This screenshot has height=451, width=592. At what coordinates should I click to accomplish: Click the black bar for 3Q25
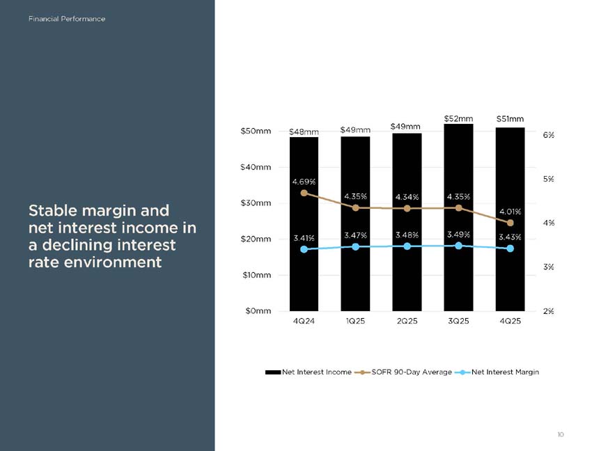[x=458, y=217]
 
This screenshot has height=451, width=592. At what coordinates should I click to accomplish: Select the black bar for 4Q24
[x=304, y=224]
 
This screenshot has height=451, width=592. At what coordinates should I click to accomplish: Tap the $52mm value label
[x=458, y=118]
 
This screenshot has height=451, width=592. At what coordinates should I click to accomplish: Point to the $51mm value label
[x=510, y=119]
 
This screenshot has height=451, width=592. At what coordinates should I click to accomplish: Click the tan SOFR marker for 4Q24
[x=304, y=193]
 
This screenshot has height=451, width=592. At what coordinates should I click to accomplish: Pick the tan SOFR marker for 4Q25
[x=510, y=223]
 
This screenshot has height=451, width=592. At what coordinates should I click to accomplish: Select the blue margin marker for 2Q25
[x=407, y=246]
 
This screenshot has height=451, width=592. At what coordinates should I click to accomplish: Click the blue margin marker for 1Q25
[x=356, y=247]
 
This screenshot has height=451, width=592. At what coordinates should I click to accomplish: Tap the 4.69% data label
[x=304, y=182]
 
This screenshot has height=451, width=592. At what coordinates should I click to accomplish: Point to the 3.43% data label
[x=510, y=237]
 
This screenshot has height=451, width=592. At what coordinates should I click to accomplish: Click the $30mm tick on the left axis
[x=256, y=203]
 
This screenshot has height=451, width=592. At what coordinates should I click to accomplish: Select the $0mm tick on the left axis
[x=258, y=311]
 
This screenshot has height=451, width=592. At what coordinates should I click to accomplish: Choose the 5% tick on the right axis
[x=549, y=179]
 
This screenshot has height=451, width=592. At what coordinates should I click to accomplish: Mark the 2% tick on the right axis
[x=549, y=311]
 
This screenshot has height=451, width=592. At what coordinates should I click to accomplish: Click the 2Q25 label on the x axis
[x=407, y=321]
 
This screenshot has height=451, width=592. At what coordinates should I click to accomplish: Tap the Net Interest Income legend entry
[x=309, y=372]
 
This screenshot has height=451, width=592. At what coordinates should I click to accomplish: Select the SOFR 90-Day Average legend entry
[x=403, y=372]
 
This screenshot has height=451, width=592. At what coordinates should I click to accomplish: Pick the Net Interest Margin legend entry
[x=497, y=372]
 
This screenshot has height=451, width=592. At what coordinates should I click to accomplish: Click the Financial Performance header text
[x=67, y=19]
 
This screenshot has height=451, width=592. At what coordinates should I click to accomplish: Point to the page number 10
[x=561, y=434]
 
